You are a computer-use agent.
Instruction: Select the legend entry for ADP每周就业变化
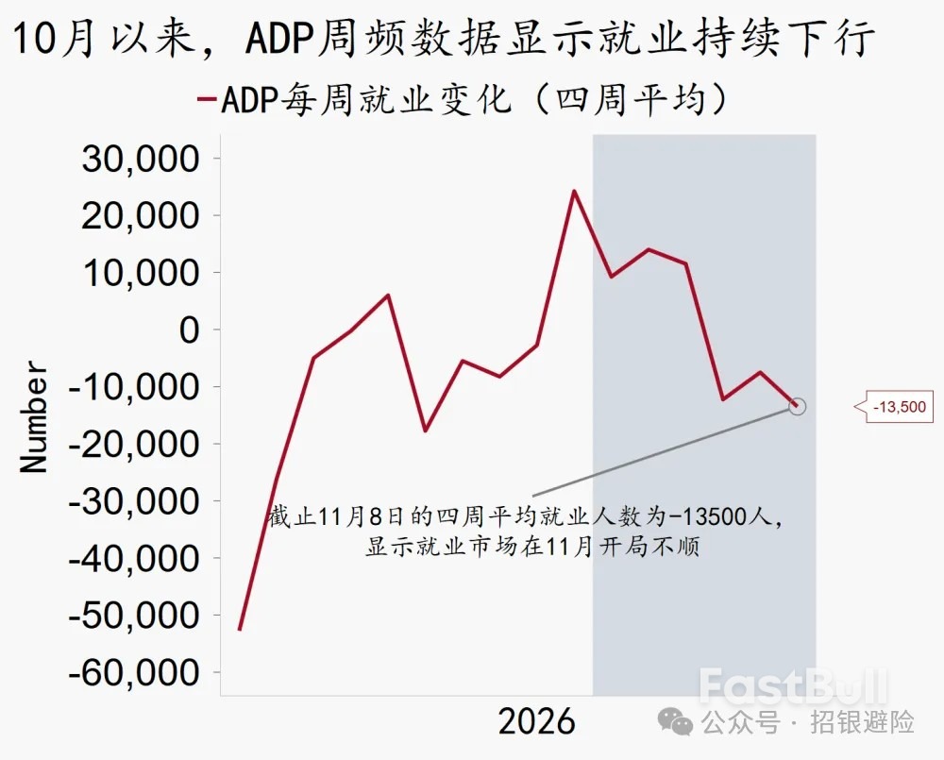pyautogui.click(x=463, y=100)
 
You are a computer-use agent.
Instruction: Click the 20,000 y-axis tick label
pyautogui.click(x=142, y=216)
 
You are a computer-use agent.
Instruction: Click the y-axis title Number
pyautogui.click(x=35, y=416)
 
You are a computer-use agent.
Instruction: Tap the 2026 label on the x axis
pyautogui.click(x=536, y=722)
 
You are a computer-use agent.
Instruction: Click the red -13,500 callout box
pyautogui.click(x=899, y=408)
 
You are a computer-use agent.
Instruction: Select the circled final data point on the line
pyautogui.click(x=797, y=406)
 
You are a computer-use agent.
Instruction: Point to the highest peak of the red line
pyautogui.click(x=574, y=191)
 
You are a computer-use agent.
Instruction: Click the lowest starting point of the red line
pyautogui.click(x=240, y=629)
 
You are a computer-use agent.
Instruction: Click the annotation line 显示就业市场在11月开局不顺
pyautogui.click(x=532, y=548)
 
